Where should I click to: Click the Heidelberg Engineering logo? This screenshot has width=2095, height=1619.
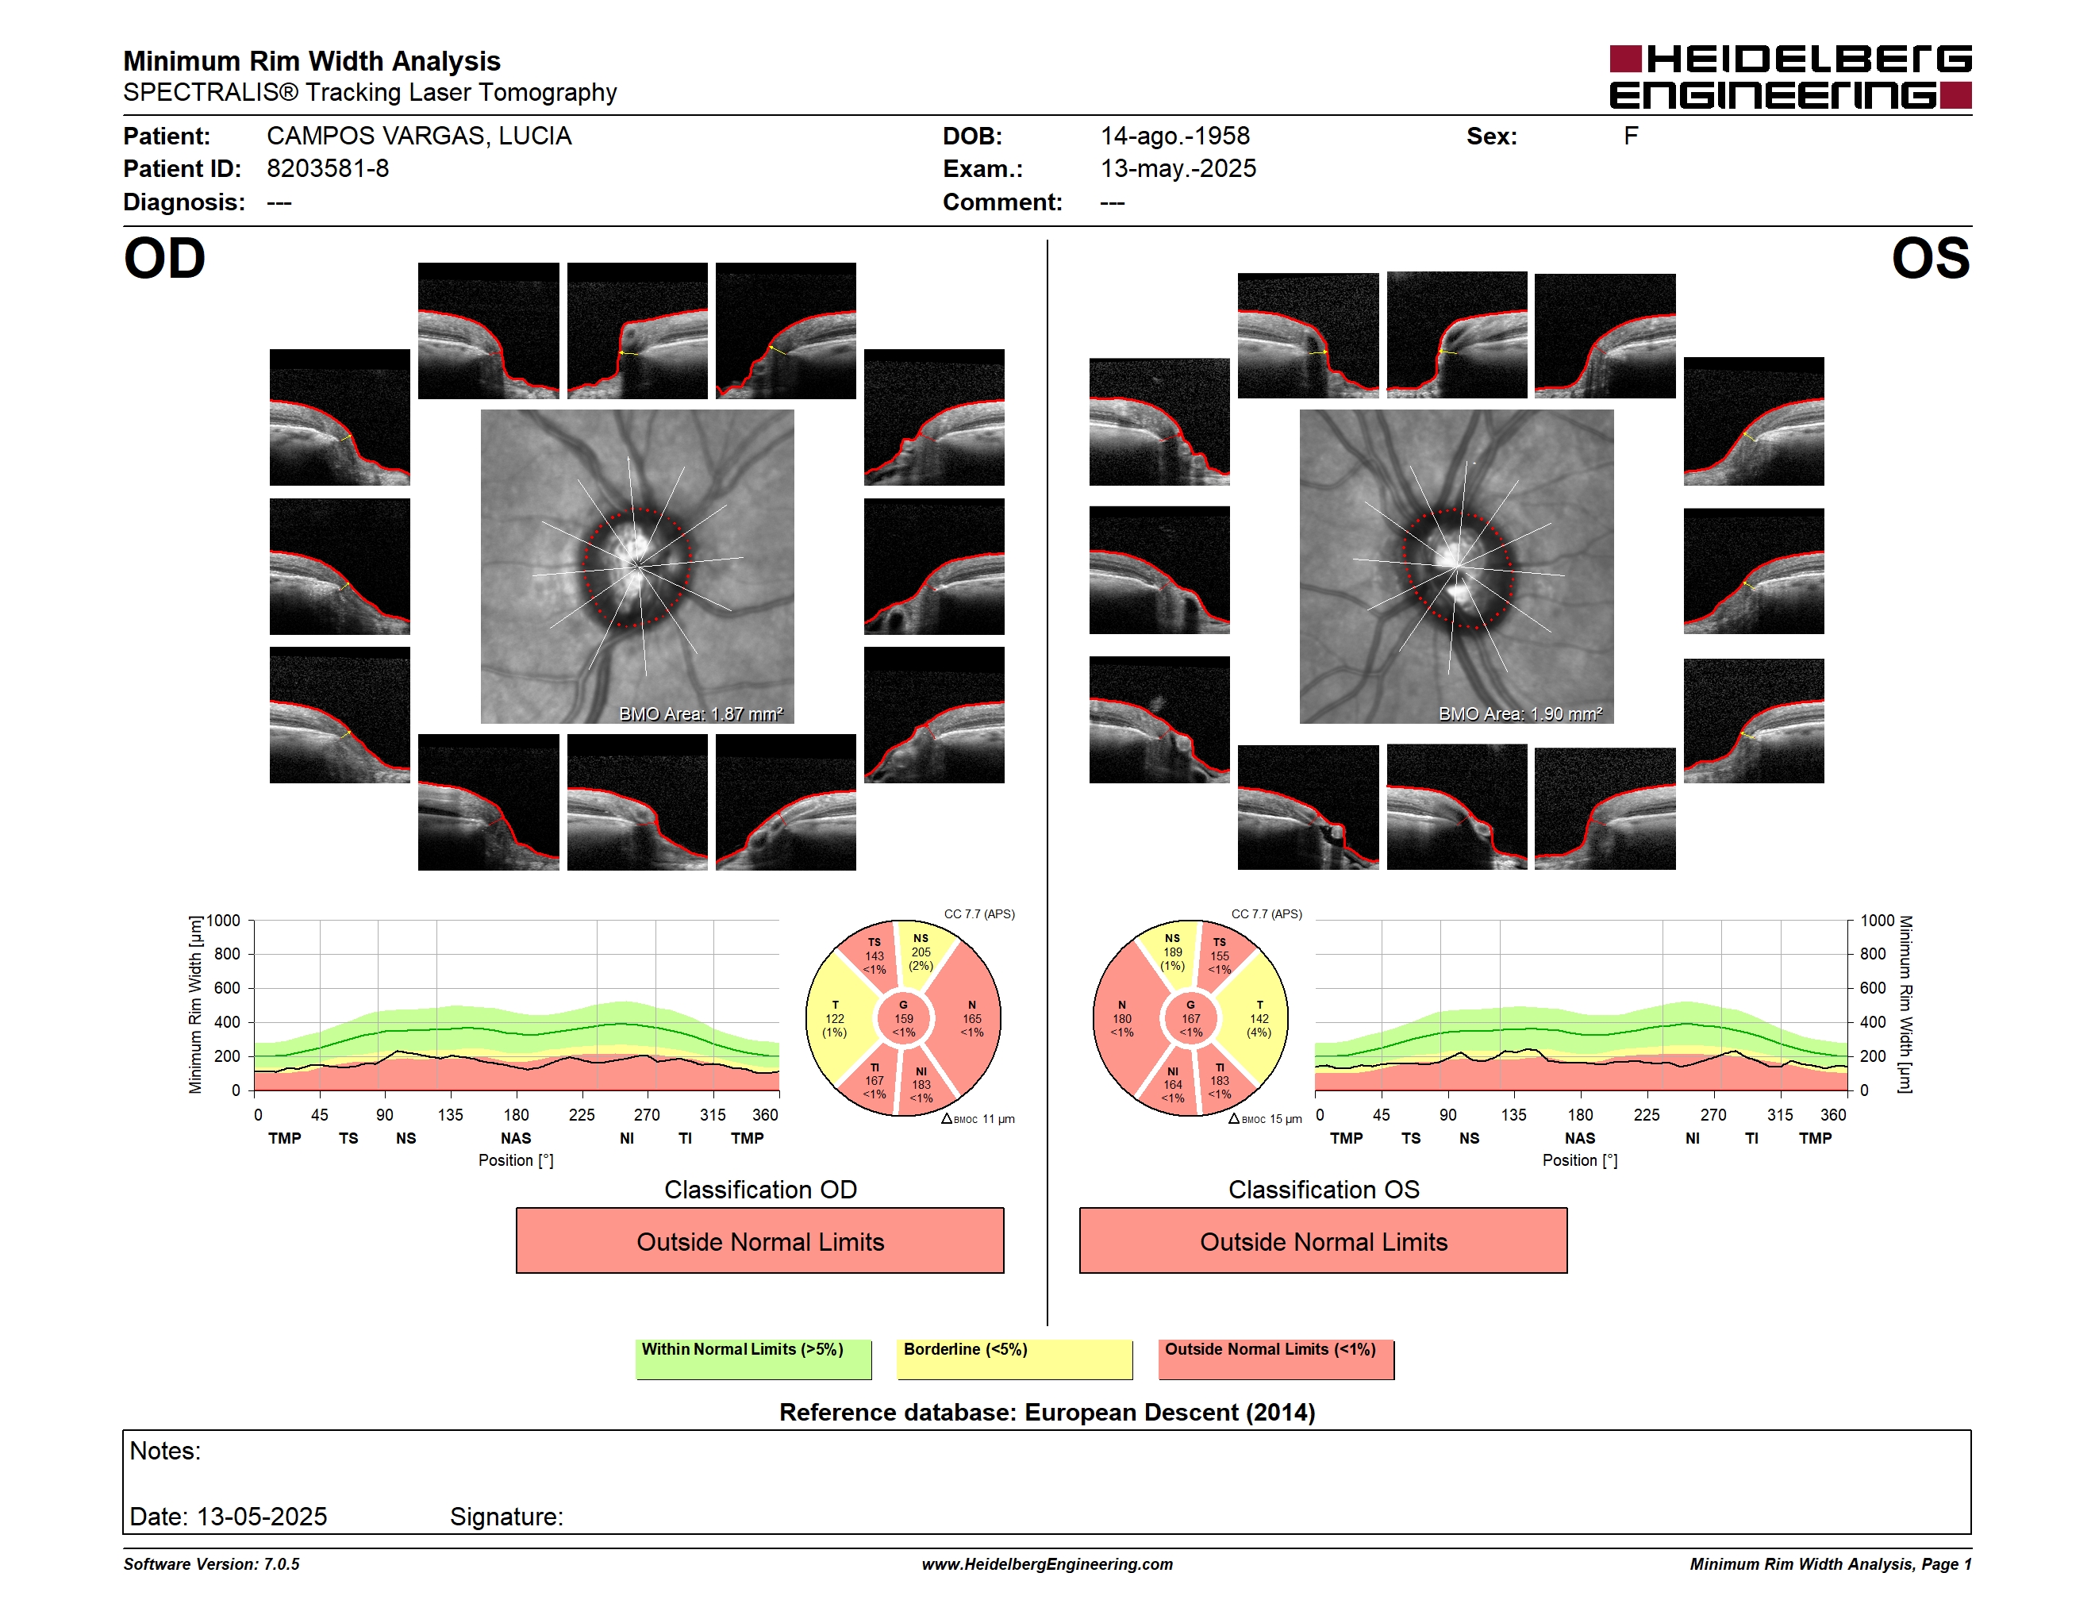click(x=1790, y=77)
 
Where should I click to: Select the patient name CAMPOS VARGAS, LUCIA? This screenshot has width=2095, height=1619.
click(x=419, y=137)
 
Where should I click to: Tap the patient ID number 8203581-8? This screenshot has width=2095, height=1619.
click(x=328, y=169)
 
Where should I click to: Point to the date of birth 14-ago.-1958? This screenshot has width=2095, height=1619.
click(x=1175, y=137)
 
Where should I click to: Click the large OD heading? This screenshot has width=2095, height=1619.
click(x=165, y=259)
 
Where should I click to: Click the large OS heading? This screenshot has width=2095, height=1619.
click(x=1930, y=259)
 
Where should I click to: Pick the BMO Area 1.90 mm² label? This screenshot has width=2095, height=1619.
click(x=1520, y=713)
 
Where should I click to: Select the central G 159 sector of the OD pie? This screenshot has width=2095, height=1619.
click(x=904, y=1018)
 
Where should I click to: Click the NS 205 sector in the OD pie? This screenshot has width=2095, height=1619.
click(x=923, y=952)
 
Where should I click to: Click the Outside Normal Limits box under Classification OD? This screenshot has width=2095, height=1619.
click(x=759, y=1241)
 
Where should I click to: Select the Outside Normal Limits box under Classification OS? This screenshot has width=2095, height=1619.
click(x=1323, y=1241)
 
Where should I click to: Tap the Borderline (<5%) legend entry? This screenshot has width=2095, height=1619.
click(x=1014, y=1359)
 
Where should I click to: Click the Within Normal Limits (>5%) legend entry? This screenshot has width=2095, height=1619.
click(x=753, y=1359)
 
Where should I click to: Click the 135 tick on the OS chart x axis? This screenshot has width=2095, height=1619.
click(x=1513, y=1114)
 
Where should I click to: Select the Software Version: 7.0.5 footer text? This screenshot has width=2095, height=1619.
click(x=211, y=1564)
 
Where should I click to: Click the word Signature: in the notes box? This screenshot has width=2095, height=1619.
click(x=506, y=1517)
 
